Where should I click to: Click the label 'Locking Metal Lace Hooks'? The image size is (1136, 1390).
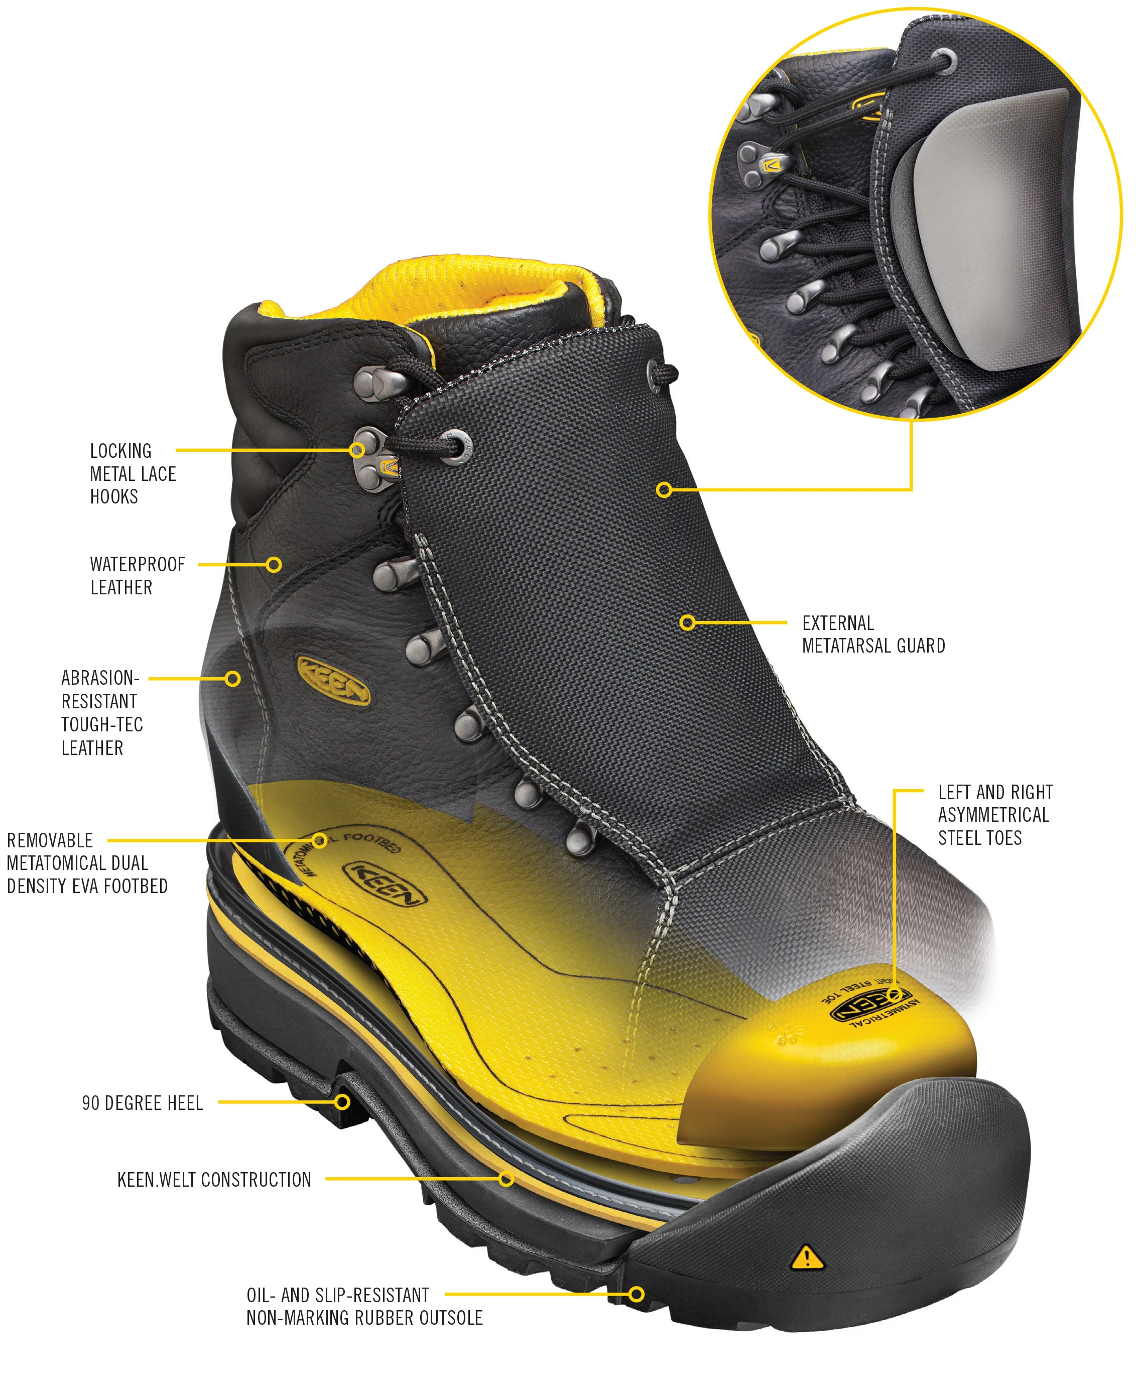coord(133,473)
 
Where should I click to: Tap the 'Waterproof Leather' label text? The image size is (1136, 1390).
coord(138,575)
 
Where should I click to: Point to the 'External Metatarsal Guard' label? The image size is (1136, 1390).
coord(873,634)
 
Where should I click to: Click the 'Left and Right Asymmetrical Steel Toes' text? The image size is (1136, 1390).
coord(994,815)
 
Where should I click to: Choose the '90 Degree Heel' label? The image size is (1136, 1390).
coord(142,1103)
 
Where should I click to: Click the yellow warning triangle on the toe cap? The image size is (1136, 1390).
coord(807,1257)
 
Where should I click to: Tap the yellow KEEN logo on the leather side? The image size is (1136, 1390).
coord(334,681)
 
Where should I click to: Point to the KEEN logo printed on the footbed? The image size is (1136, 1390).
coord(385,883)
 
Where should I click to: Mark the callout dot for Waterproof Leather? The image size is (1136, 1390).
coord(274,564)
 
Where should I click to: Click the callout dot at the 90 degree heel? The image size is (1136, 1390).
coord(341,1102)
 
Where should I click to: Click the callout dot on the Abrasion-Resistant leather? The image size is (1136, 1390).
coord(232,679)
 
